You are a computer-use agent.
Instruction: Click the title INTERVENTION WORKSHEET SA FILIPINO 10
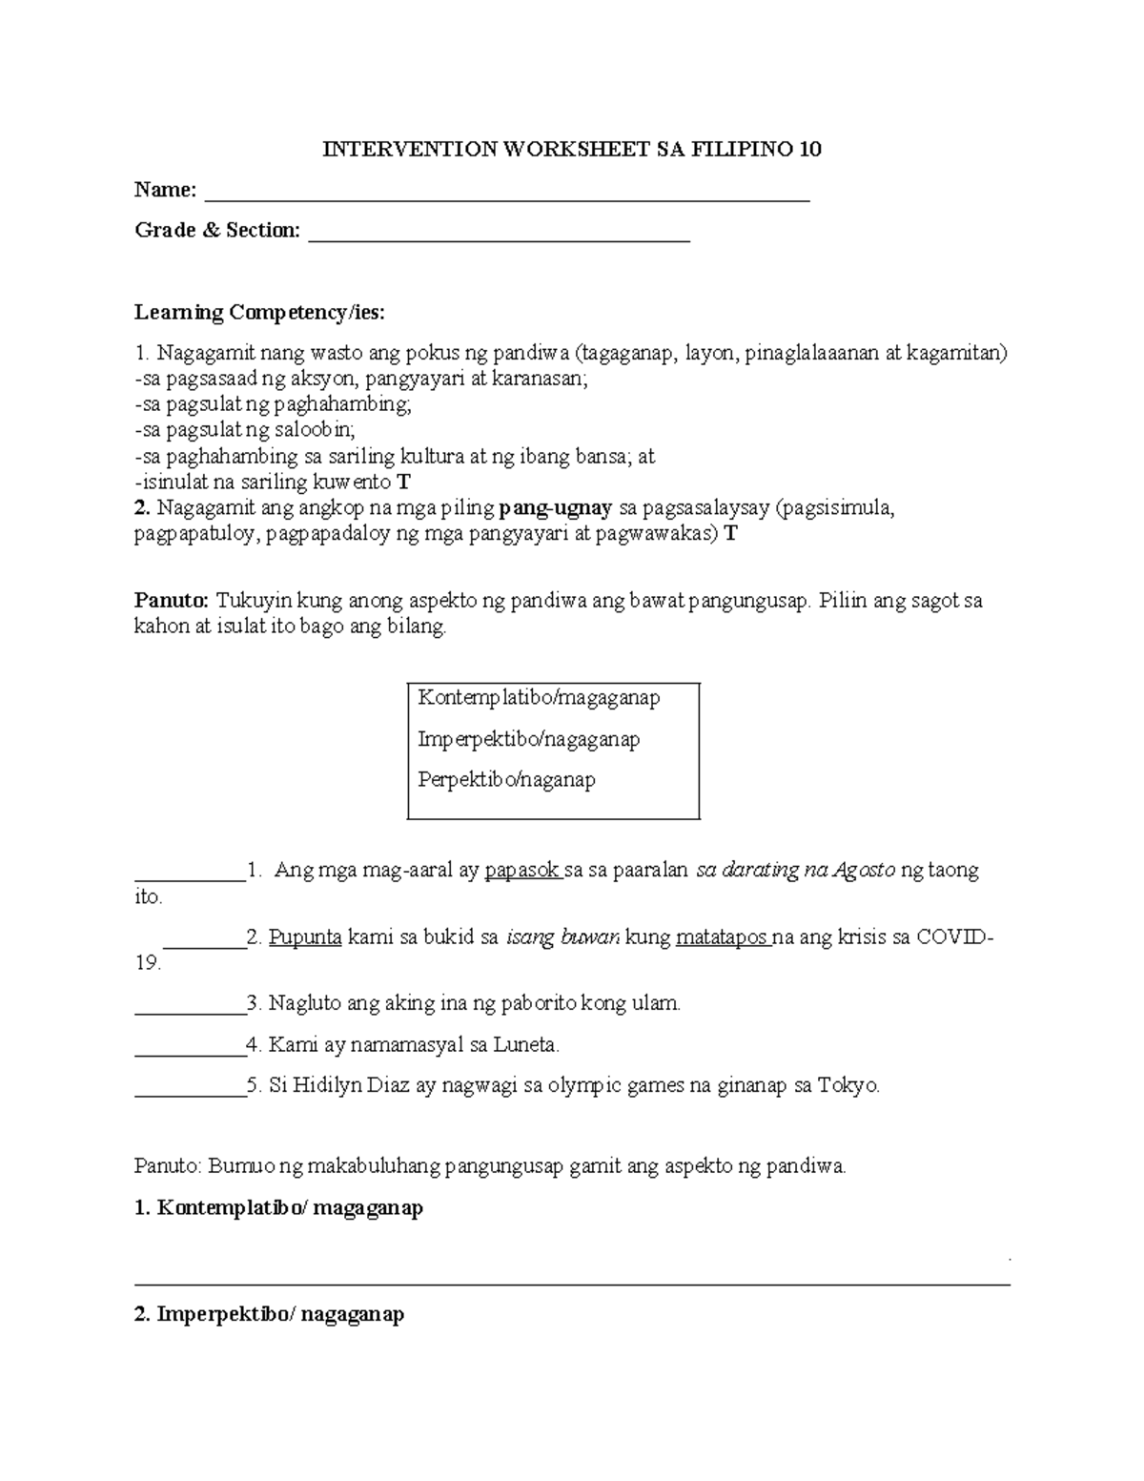(x=572, y=150)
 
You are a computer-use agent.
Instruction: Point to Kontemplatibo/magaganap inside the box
(x=539, y=698)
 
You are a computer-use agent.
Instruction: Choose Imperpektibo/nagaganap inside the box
(x=528, y=739)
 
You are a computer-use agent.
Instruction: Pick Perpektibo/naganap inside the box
(x=506, y=780)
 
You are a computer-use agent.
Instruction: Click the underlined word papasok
(x=521, y=871)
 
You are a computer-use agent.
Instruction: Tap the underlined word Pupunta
(x=305, y=937)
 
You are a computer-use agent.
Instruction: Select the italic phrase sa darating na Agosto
(x=796, y=871)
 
